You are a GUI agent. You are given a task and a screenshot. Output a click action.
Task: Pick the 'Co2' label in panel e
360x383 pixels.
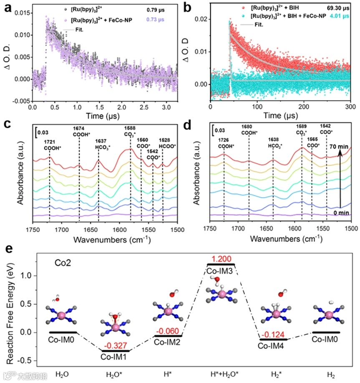point(62,264)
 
